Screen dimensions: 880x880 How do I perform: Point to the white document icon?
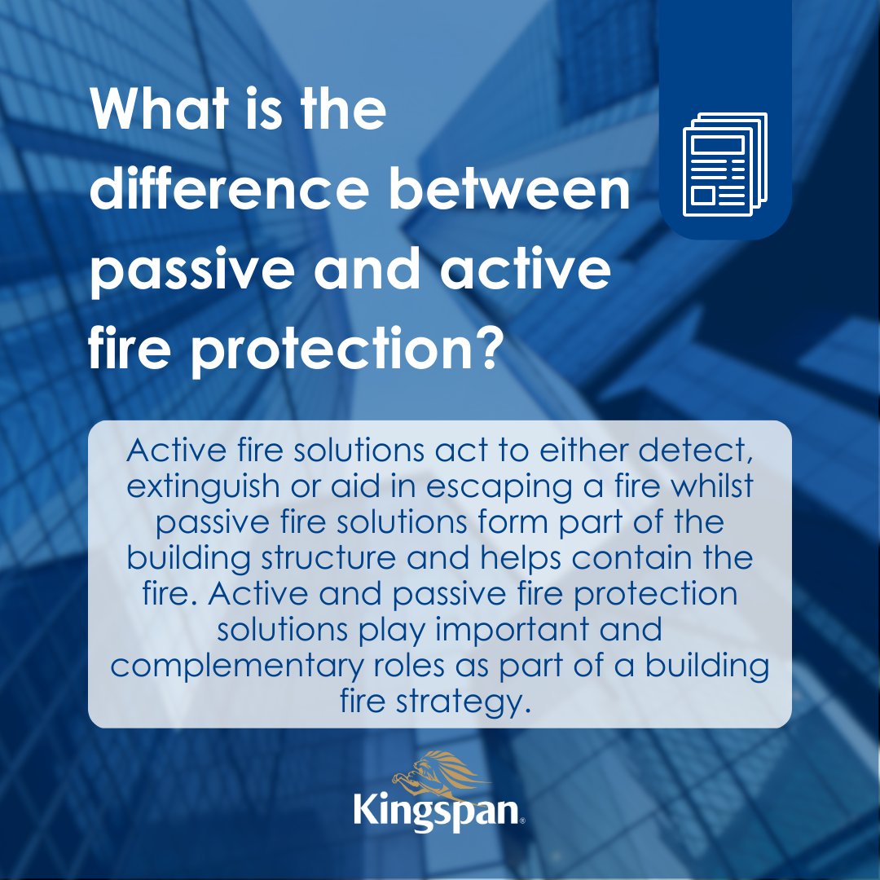coord(724,164)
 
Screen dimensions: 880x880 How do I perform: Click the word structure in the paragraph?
coord(324,559)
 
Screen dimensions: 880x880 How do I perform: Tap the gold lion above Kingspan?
coord(430,769)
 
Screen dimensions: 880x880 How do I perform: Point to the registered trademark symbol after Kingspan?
coord(522,822)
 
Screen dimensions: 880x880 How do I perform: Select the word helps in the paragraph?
coord(513,559)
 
